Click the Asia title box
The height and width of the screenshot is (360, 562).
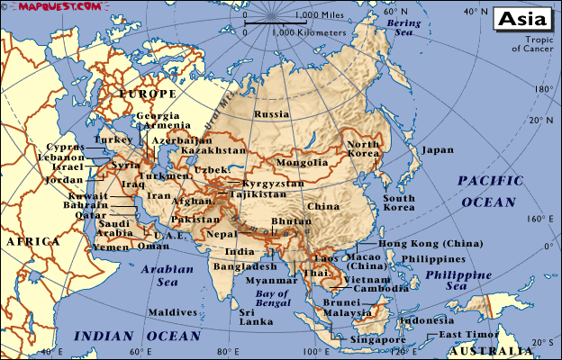click(523, 19)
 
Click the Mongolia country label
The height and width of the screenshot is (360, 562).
click(302, 163)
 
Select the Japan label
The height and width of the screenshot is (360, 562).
click(438, 150)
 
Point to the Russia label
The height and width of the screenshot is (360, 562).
click(271, 114)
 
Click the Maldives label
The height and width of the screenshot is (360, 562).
click(172, 312)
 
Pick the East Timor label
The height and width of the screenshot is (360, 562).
click(465, 335)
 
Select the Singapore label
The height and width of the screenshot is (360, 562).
click(378, 340)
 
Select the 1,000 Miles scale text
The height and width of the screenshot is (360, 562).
click(319, 15)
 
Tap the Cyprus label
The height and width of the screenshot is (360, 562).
click(67, 146)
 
